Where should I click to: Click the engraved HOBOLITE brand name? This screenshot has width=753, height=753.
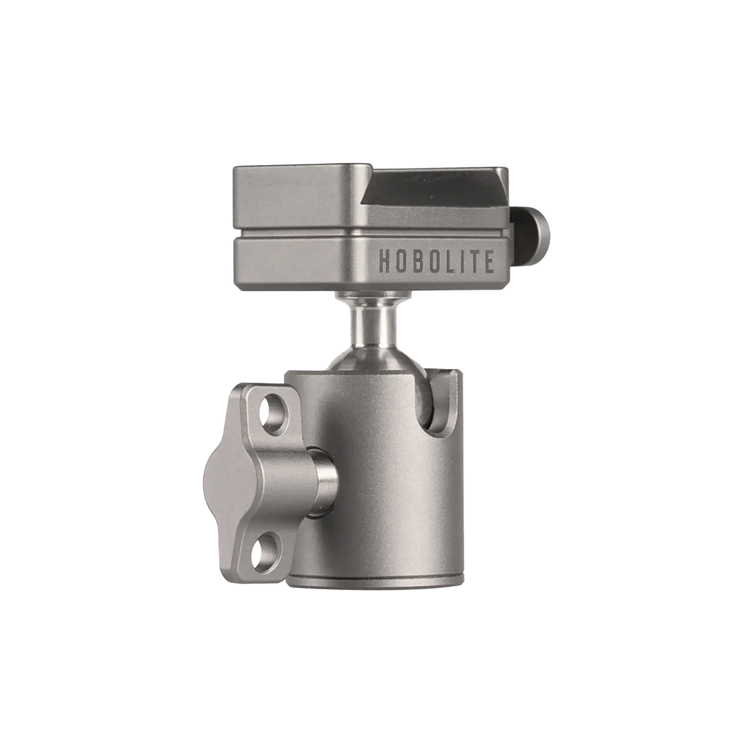tap(436, 261)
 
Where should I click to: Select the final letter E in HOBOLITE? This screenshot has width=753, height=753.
tap(489, 261)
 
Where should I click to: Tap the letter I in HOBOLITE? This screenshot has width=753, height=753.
tap(460, 261)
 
